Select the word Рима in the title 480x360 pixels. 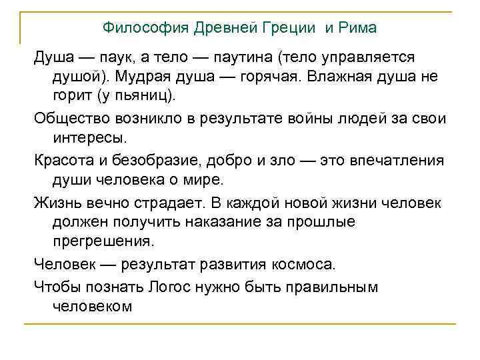click(x=359, y=28)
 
